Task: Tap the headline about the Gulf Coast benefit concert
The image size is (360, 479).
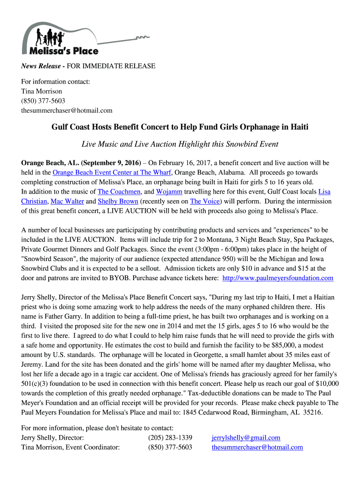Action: tap(180, 127)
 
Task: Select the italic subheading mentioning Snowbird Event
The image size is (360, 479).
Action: tap(180, 144)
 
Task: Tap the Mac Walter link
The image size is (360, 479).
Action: tap(67, 201)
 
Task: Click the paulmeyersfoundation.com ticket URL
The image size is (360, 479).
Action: tap(278, 278)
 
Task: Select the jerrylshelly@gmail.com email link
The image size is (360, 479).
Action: tap(245, 438)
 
